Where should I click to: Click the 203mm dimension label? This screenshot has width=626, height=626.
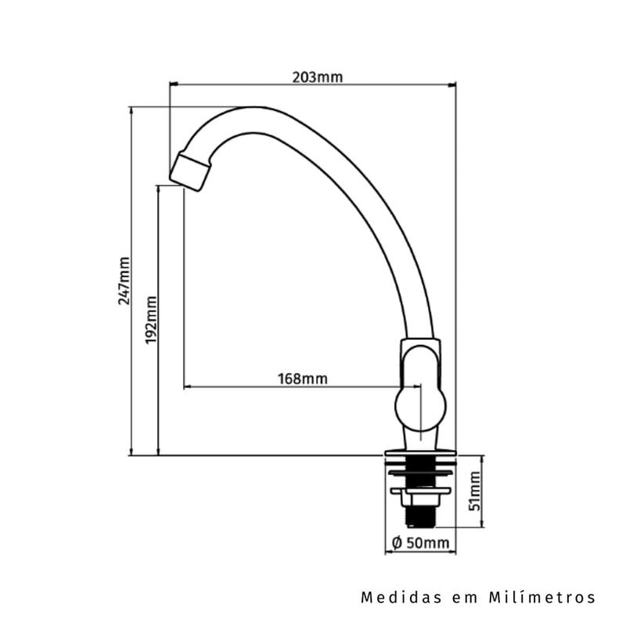click(318, 77)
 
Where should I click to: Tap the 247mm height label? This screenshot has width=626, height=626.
click(124, 281)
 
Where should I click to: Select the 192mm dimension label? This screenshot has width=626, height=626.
click(151, 320)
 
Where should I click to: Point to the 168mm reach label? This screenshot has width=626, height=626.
click(303, 379)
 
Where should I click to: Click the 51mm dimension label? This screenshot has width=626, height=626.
click(475, 491)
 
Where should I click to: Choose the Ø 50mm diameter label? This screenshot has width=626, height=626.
click(421, 543)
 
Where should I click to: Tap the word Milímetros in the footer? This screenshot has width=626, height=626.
click(541, 598)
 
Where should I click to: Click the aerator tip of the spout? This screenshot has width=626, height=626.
click(190, 173)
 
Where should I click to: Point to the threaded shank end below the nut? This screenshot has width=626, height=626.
click(420, 516)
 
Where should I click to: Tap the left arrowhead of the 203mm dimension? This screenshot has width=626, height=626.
click(173, 85)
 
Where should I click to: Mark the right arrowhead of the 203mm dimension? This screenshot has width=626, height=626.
click(452, 85)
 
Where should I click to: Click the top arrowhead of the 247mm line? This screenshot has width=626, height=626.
click(131, 110)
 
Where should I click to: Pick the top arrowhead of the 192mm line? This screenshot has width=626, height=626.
click(159, 189)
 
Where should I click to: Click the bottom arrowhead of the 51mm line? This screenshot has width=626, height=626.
click(483, 523)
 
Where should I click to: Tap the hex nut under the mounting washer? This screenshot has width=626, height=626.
click(420, 499)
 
